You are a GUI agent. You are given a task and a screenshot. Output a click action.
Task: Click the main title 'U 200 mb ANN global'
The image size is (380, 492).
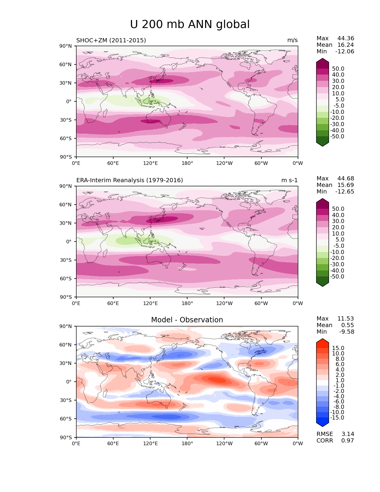coord(190,24)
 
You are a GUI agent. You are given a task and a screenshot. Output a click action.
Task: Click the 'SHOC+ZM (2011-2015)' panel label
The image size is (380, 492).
coord(111,40)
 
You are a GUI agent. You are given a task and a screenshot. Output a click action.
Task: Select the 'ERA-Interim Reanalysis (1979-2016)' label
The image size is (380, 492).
coord(130,180)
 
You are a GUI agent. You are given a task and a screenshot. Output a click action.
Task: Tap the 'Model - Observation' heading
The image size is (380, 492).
coord(187,320)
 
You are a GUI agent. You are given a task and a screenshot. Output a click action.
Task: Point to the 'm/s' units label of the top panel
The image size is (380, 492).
coord(292,40)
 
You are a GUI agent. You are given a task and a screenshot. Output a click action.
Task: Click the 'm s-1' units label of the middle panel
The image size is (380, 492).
coord(289,180)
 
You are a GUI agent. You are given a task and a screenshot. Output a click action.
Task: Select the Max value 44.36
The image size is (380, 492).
coord(346,38)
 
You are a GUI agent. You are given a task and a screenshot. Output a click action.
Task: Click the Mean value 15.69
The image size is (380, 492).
coord(346,185)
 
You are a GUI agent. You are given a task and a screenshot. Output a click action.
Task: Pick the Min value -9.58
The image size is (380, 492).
coord(347,332)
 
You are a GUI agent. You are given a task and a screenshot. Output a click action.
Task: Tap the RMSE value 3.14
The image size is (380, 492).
coord(348,434)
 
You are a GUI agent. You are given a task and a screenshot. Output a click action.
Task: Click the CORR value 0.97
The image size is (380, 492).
coord(348,440)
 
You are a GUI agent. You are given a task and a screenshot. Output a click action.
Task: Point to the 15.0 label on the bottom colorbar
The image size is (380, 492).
coord(338,348)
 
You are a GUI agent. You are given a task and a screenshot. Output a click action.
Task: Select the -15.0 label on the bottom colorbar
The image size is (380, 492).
coord(337,417)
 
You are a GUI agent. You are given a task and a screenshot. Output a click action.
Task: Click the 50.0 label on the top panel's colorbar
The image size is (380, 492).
coord(338,69)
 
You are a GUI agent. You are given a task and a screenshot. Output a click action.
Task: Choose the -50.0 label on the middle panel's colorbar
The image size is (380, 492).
coord(337,276)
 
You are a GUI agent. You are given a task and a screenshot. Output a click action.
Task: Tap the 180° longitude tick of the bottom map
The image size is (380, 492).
coord(187,443)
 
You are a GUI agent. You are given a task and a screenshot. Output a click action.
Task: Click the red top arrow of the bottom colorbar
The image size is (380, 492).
coord(322,341)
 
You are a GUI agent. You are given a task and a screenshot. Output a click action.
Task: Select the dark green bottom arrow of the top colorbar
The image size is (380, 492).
coord(322,143)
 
